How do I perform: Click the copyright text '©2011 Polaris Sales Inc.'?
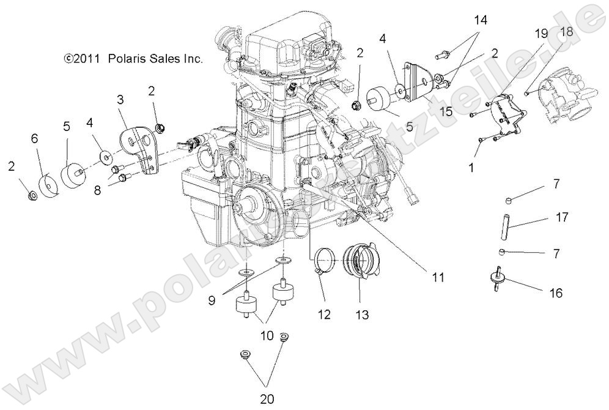tap(133, 59)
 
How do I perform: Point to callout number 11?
tap(437, 277)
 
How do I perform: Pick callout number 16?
tap(555, 293)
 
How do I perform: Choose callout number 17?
tap(562, 217)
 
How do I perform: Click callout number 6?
tap(35, 138)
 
